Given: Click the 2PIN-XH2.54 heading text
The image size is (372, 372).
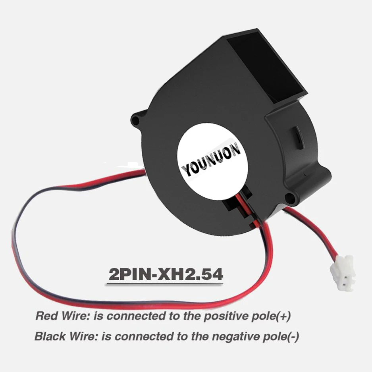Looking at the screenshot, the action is (166, 274).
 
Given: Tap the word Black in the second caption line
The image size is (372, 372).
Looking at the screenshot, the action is (48, 337).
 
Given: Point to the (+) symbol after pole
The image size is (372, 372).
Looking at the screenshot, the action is (285, 316).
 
